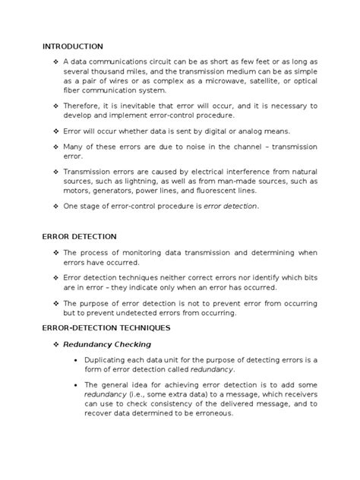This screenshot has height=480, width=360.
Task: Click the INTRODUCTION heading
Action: click(x=73, y=46)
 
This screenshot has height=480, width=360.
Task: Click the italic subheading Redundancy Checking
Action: click(x=106, y=344)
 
